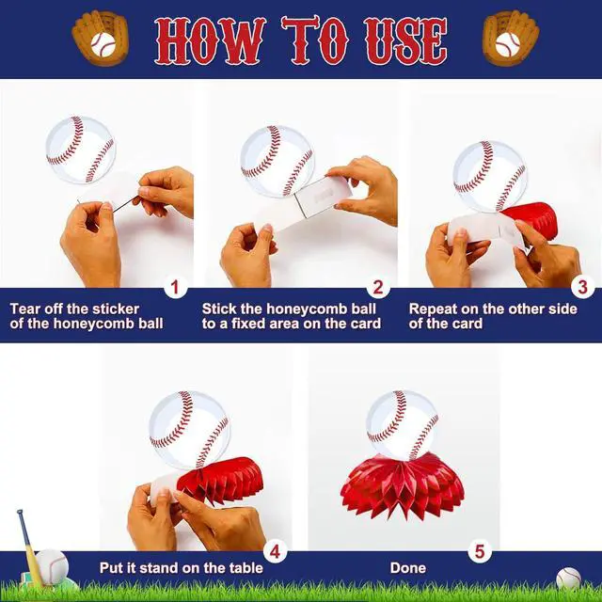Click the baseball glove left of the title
[100, 38]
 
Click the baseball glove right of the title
[511, 38]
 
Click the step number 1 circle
[175, 287]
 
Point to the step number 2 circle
[378, 287]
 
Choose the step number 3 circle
[582, 287]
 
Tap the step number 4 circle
[276, 552]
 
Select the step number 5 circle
[480, 552]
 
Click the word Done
[408, 568]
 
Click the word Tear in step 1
[24, 309]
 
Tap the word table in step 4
[246, 568]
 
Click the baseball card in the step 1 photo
[81, 150]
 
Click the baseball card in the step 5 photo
[403, 425]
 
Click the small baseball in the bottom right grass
[568, 578]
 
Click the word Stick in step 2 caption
[219, 309]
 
